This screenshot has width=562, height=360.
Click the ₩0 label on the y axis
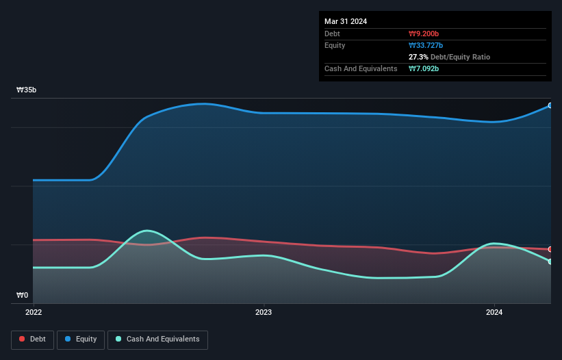(x=23, y=296)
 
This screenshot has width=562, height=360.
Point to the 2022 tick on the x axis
(x=34, y=313)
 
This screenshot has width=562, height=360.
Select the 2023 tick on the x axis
(x=264, y=313)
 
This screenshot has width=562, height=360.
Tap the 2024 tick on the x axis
(x=494, y=313)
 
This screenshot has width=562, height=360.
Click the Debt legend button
(x=32, y=339)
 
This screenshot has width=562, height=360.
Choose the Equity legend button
(x=80, y=339)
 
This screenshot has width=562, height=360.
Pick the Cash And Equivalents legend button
(x=157, y=339)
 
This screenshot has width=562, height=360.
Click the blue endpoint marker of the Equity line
(x=550, y=105)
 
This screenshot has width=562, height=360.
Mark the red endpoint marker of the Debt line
(x=550, y=249)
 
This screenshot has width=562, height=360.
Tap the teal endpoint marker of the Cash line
(x=550, y=261)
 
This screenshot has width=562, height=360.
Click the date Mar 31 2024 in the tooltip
(x=346, y=21)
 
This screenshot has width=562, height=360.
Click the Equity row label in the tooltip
(x=335, y=45)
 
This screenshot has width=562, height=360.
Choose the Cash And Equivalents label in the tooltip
(x=361, y=68)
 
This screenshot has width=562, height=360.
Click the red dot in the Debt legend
(x=23, y=339)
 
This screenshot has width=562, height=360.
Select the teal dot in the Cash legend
(x=119, y=339)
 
